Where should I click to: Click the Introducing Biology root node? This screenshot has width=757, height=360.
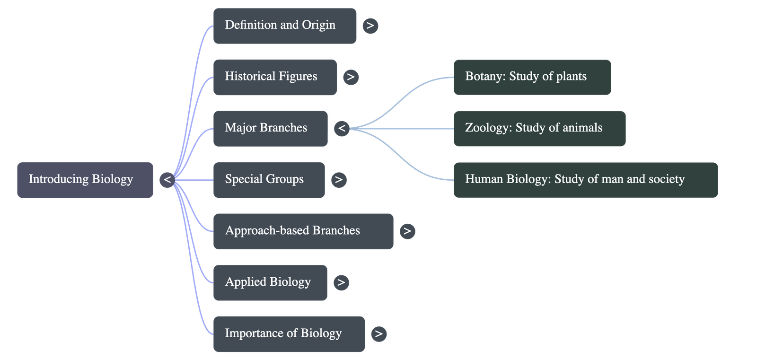tap(85, 180)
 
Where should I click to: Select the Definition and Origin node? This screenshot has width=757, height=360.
tap(285, 26)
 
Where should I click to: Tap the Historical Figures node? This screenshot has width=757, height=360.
tap(275, 77)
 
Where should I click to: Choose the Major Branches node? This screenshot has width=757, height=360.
tap(270, 128)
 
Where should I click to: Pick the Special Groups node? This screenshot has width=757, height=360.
tap(269, 180)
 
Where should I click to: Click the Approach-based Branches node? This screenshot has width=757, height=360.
tap(303, 231)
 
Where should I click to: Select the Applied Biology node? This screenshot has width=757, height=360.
tap(270, 282)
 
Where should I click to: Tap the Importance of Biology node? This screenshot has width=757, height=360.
tap(289, 334)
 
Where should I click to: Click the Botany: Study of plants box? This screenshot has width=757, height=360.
tap(532, 77)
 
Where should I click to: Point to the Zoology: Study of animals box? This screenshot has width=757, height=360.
tap(539, 128)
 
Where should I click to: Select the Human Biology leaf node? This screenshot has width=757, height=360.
tap(585, 180)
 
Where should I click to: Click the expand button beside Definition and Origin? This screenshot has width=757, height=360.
tap(370, 26)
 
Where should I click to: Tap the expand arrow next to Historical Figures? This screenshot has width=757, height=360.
tap(351, 77)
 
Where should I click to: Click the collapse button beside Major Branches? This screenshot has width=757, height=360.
tap(342, 128)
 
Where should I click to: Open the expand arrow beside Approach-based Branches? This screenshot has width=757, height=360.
tap(407, 231)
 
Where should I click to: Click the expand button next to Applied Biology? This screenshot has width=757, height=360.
tap(341, 282)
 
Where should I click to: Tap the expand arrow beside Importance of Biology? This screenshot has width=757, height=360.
tap(378, 334)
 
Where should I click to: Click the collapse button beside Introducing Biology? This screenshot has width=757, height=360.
tap(167, 180)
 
